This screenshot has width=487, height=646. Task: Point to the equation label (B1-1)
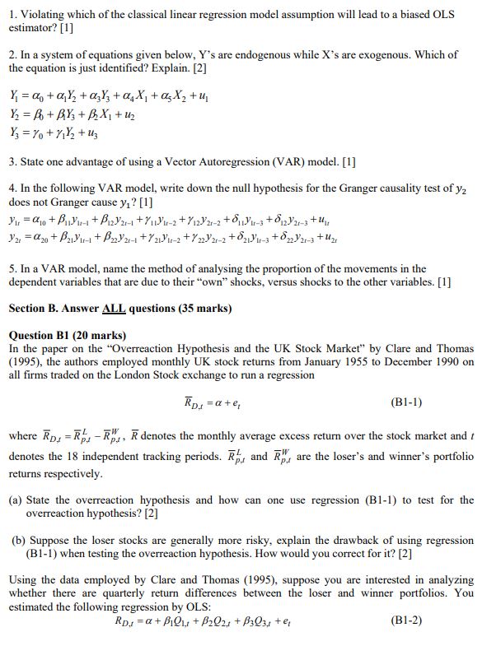click(406, 402)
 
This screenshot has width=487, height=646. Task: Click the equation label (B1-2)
click(406, 620)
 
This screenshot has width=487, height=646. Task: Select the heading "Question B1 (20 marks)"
click(68, 335)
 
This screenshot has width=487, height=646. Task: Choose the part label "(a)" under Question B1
click(16, 500)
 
